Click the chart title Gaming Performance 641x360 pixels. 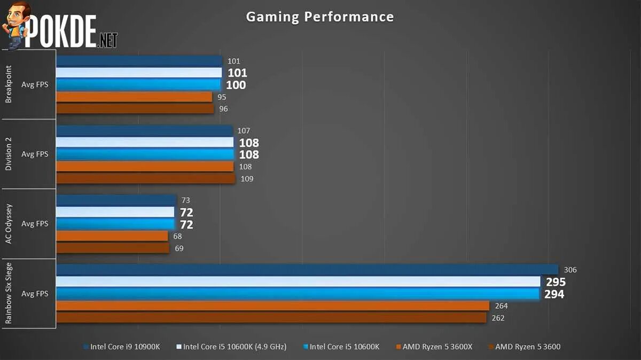point(319,17)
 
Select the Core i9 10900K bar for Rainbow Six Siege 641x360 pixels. point(307,270)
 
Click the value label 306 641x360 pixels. point(570,270)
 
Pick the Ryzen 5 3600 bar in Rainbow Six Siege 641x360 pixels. point(271,318)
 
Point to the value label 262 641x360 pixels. point(498,318)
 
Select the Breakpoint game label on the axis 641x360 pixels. point(9,84)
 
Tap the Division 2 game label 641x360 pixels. point(9,154)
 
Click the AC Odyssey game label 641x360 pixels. point(9,223)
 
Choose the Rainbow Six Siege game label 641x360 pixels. point(9,293)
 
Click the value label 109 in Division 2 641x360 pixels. point(247,179)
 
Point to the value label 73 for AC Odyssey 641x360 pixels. point(186,200)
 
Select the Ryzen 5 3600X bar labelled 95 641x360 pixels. point(134,97)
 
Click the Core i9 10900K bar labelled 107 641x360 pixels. point(144,131)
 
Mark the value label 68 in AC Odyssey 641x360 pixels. point(178,236)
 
